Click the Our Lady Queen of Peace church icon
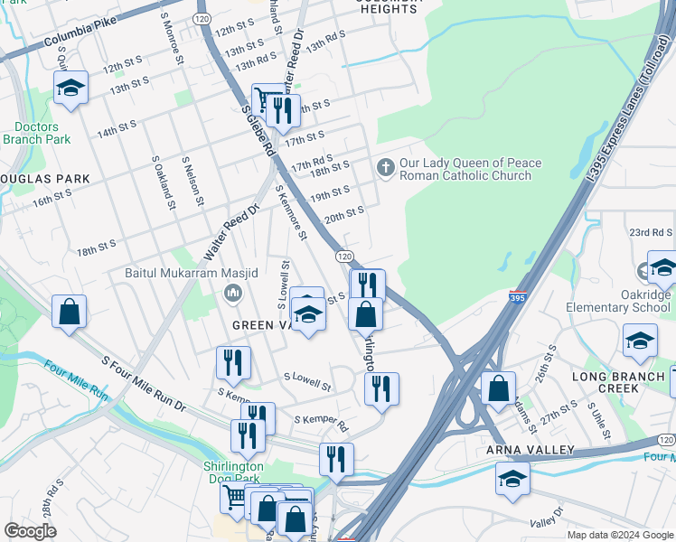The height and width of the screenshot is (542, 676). click(x=386, y=168)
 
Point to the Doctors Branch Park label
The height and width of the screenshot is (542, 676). click(x=36, y=133)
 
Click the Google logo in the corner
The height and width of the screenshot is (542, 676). click(x=30, y=531)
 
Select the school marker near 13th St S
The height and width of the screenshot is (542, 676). click(x=70, y=89)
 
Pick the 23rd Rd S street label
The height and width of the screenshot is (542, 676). click(x=652, y=232)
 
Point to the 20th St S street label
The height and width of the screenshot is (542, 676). click(x=344, y=213)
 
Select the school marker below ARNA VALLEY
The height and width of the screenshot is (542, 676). click(x=512, y=478)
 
